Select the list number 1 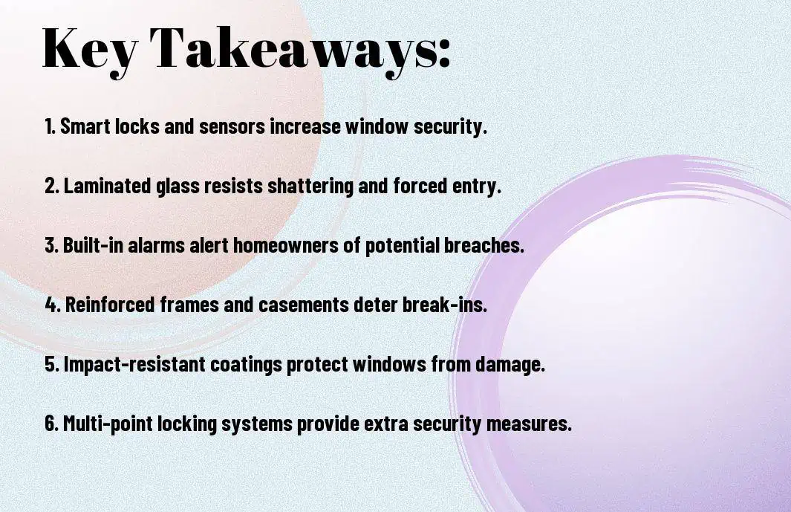tap(50, 126)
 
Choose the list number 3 tap(51, 245)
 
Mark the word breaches tap(484, 245)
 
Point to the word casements tap(304, 305)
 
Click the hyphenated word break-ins tap(445, 305)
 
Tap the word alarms tap(157, 245)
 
